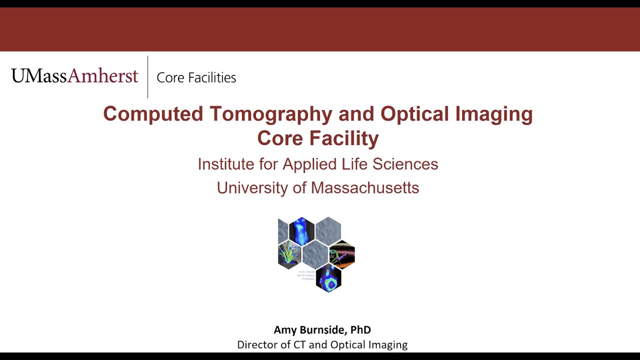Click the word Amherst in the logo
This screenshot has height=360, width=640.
click(102, 76)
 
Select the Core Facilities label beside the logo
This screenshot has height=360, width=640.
click(196, 77)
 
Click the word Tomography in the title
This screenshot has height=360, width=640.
click(270, 114)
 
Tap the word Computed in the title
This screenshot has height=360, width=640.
click(153, 114)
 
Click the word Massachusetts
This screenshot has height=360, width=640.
click(365, 188)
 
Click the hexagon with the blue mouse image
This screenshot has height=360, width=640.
click(301, 231)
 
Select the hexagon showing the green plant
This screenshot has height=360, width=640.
click(289, 254)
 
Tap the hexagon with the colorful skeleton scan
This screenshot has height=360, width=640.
click(342, 254)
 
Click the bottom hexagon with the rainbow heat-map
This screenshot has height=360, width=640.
click(328, 278)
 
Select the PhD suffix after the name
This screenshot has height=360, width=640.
click(360, 330)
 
